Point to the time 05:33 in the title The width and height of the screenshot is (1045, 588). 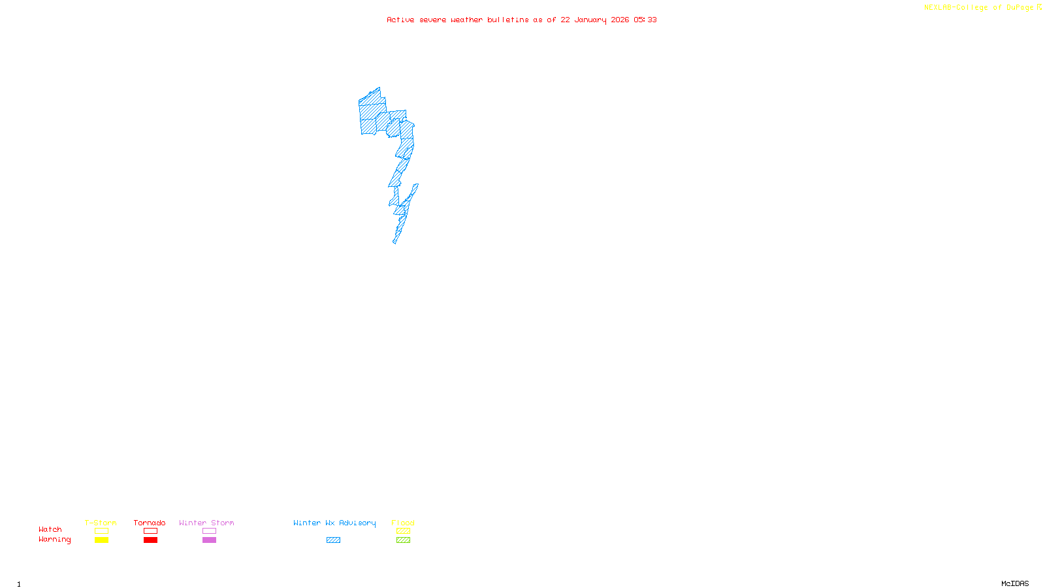pyautogui.click(x=645, y=20)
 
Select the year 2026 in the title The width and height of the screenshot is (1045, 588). pyautogui.click(x=620, y=20)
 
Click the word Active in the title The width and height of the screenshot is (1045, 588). pyautogui.click(x=400, y=20)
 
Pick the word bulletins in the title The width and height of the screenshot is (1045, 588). pyautogui.click(x=508, y=20)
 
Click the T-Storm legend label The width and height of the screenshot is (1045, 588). pyautogui.click(x=101, y=523)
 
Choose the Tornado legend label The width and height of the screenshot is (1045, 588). pyautogui.click(x=150, y=523)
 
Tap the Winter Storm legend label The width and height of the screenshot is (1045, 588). pyautogui.click(x=206, y=523)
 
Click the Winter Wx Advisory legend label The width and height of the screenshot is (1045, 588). pyautogui.click(x=334, y=523)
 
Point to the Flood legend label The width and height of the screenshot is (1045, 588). pyautogui.click(x=403, y=523)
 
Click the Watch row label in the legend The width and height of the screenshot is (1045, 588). pyautogui.click(x=50, y=529)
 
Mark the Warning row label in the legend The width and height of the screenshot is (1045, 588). pyautogui.click(x=55, y=540)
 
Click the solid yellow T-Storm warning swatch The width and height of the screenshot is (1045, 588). pyautogui.click(x=101, y=540)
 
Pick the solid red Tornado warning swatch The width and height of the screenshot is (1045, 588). pyautogui.click(x=150, y=540)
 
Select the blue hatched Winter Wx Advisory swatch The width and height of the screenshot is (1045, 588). pyautogui.click(x=333, y=540)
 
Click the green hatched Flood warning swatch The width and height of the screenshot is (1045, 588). pyautogui.click(x=403, y=540)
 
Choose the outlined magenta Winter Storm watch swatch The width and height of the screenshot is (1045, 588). pyautogui.click(x=209, y=531)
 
